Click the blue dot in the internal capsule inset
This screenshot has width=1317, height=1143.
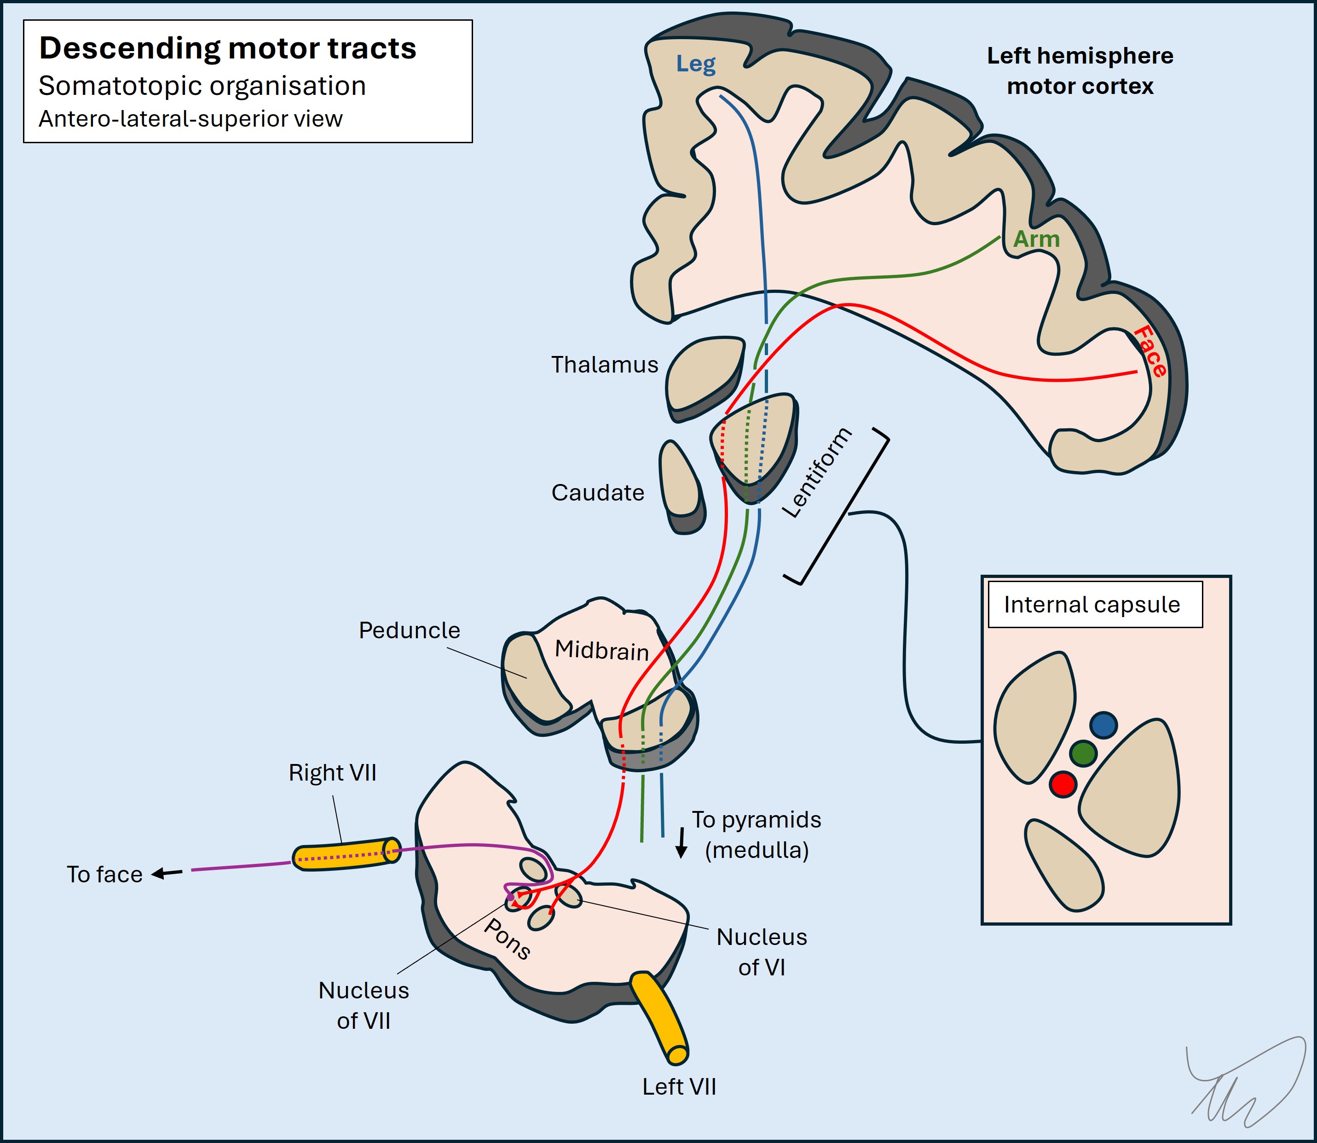(x=1103, y=725)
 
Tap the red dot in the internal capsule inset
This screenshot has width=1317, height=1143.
(x=1063, y=784)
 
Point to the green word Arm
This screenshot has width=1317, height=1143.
(x=1036, y=239)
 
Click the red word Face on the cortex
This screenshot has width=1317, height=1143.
(x=1150, y=351)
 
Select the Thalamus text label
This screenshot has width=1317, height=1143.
(x=604, y=365)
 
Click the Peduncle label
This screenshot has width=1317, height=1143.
(x=409, y=630)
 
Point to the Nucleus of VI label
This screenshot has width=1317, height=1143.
(x=761, y=951)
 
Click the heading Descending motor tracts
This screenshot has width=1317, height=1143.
(x=228, y=48)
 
